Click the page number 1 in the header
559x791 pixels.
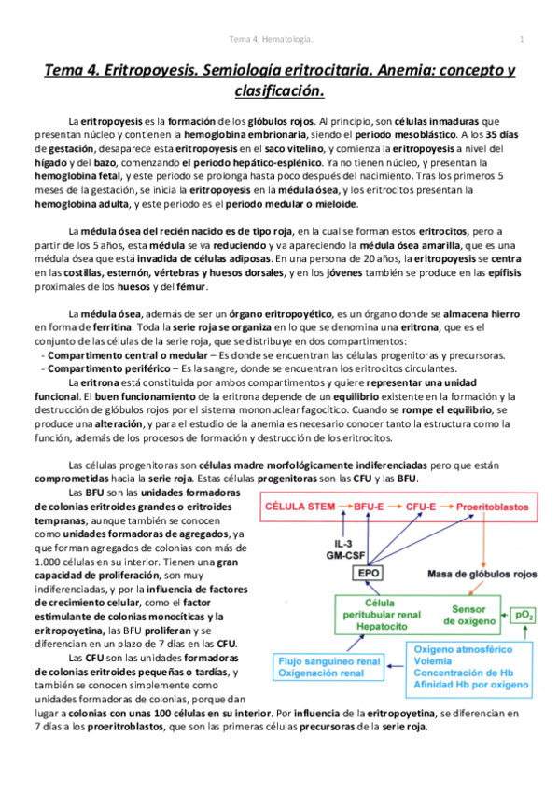[522, 39]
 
